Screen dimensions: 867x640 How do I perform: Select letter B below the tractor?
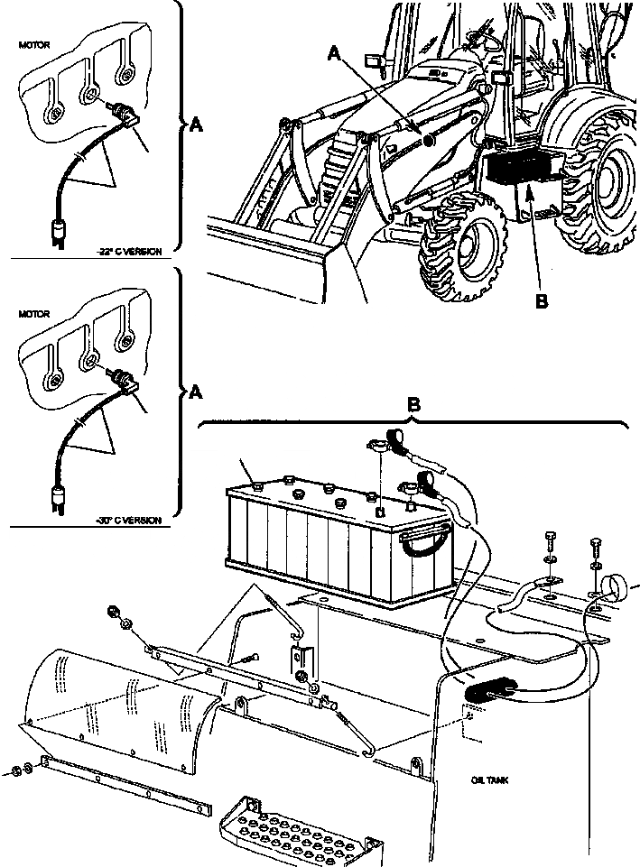541,302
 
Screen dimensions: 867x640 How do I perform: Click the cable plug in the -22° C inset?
60,232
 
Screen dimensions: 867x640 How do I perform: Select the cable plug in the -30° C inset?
60,498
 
